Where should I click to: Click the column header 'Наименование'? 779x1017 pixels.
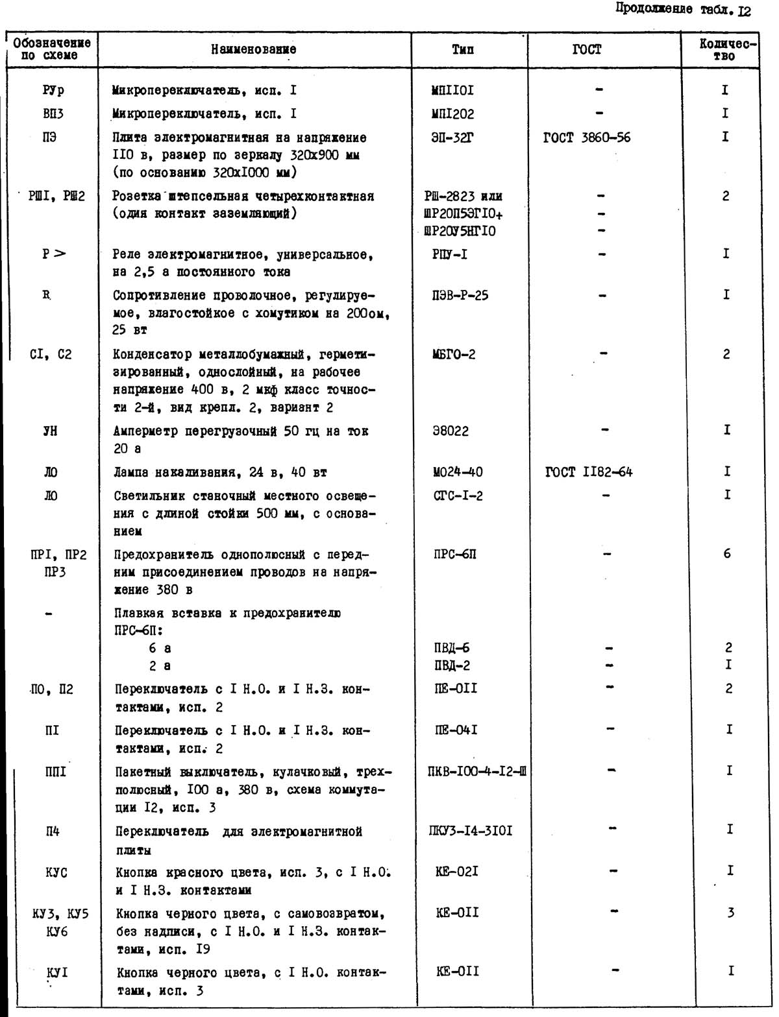tap(254, 49)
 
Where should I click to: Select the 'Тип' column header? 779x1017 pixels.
tap(463, 49)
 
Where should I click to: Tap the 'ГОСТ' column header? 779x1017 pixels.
tap(587, 49)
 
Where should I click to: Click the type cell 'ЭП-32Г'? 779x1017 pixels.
tap(452, 138)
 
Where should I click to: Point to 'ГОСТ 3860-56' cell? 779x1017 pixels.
tap(587, 138)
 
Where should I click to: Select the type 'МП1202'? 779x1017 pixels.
tap(452, 114)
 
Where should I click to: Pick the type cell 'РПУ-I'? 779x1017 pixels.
tap(450, 254)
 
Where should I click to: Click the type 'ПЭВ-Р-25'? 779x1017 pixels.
tap(460, 296)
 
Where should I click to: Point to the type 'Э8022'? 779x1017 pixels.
tap(451, 431)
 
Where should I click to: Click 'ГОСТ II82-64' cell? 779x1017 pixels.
tap(589, 472)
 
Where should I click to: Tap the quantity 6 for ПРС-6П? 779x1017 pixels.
tap(726, 554)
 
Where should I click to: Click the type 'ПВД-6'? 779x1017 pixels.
tap(452, 648)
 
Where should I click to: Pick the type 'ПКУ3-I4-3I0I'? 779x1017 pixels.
tap(470, 831)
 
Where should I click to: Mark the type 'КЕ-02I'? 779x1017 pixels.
tap(457, 872)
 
